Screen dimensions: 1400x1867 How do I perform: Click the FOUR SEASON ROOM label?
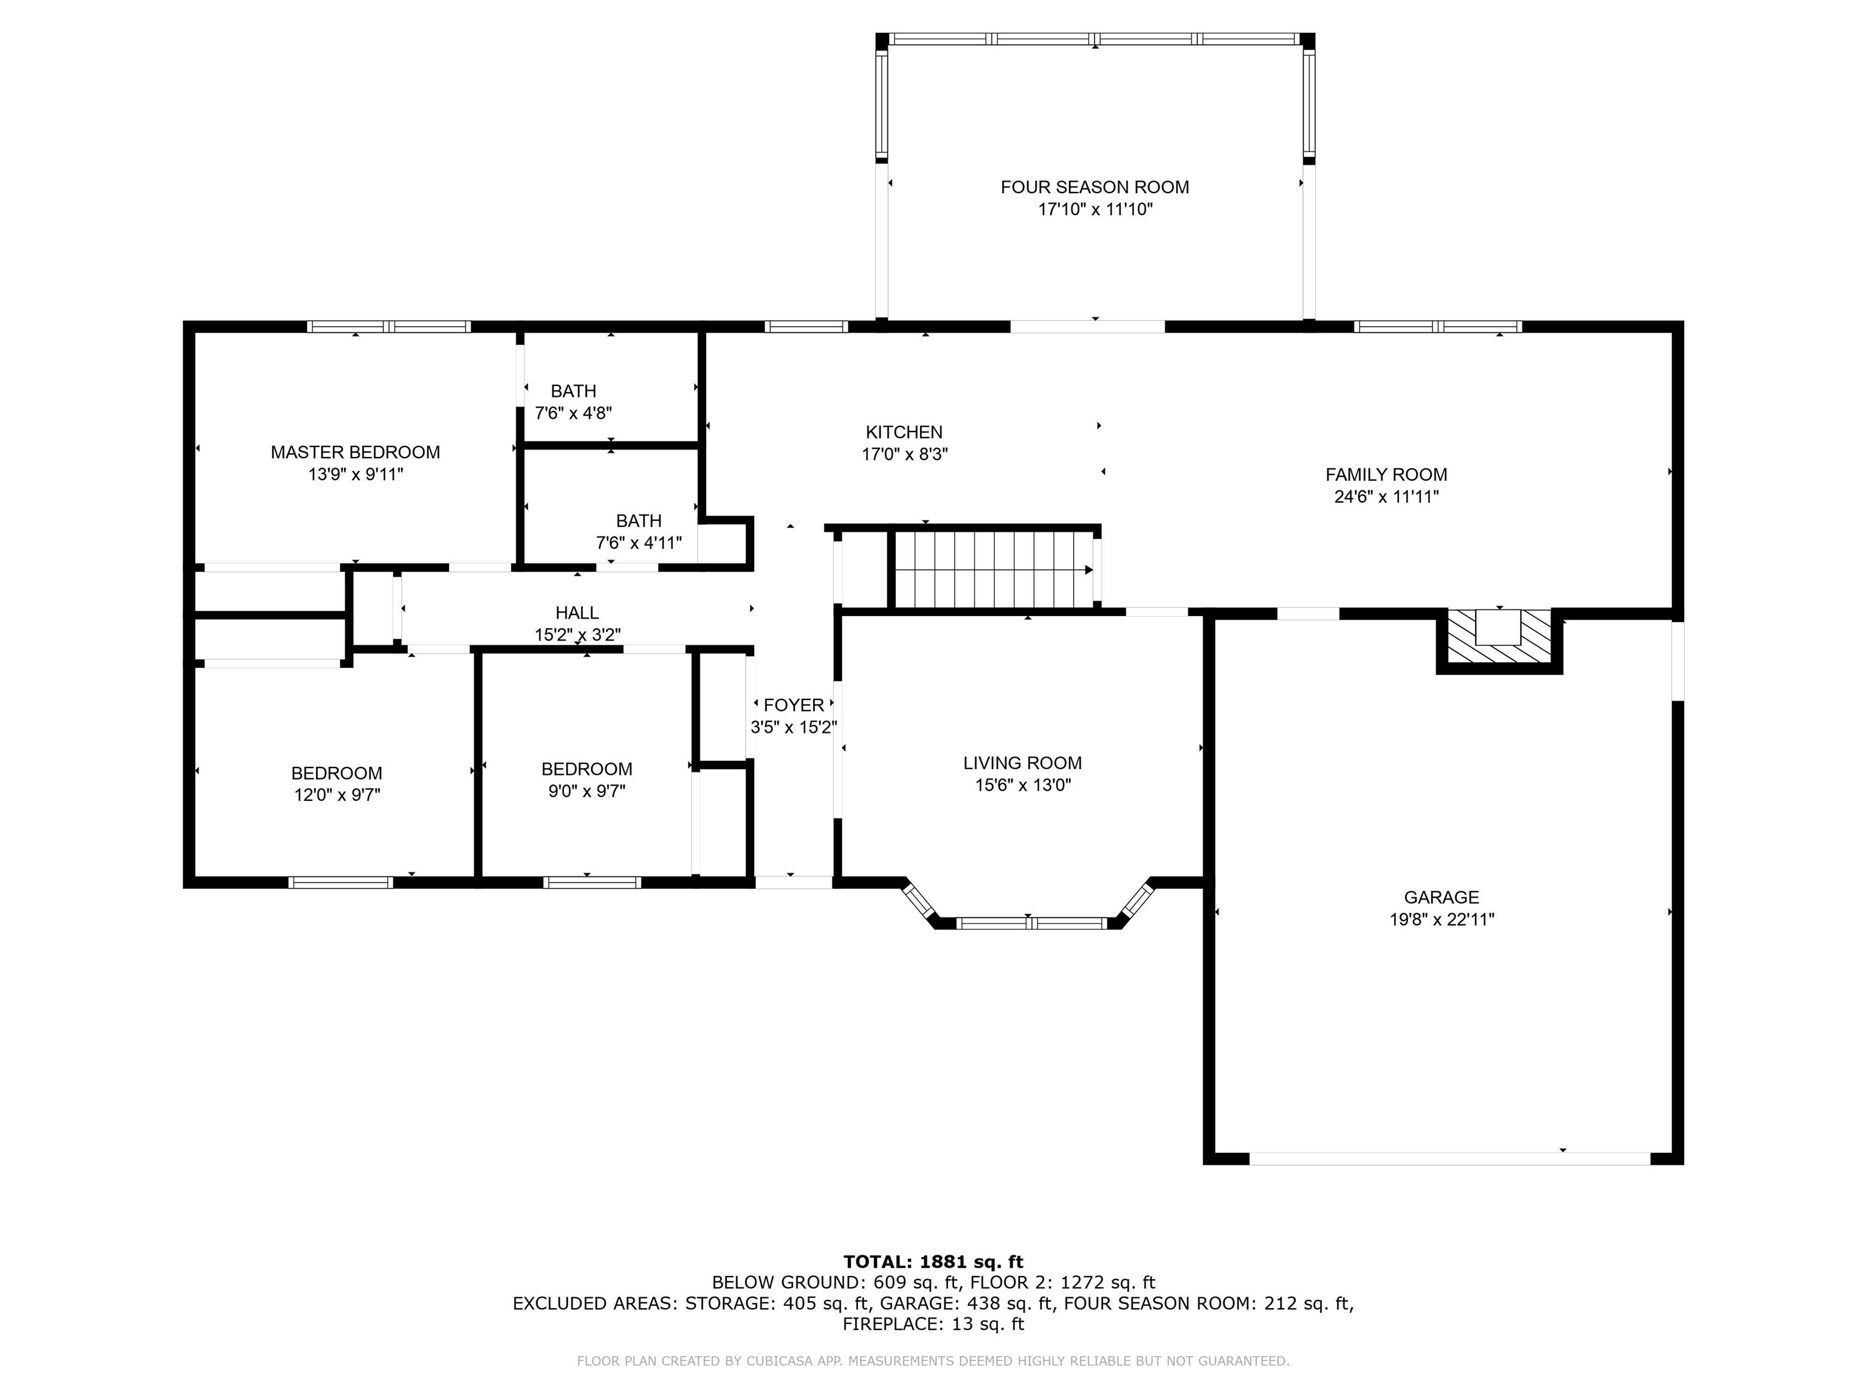1095,187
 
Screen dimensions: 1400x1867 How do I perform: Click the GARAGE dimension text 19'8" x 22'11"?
1442,920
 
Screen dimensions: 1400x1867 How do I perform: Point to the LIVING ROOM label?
1022,763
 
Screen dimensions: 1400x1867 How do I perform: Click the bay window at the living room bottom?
1031,923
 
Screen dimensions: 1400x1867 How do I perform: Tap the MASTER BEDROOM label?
356,452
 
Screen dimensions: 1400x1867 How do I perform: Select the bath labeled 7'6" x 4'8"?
573,402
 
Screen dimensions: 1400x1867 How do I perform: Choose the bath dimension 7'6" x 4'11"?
639,543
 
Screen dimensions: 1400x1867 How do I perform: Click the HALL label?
577,612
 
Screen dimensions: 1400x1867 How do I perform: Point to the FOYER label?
793,705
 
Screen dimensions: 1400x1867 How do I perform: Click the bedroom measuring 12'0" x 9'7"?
337,784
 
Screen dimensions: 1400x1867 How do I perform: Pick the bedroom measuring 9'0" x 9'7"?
586,780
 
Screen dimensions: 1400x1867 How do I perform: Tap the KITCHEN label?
904,432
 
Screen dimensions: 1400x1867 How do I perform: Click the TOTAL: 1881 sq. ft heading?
933,1261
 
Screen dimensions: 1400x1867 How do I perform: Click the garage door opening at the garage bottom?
1449,1159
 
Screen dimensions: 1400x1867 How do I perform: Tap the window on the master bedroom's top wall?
388,326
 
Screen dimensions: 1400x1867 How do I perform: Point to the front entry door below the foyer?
793,882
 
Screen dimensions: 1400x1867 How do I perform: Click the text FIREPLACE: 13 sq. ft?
933,1324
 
